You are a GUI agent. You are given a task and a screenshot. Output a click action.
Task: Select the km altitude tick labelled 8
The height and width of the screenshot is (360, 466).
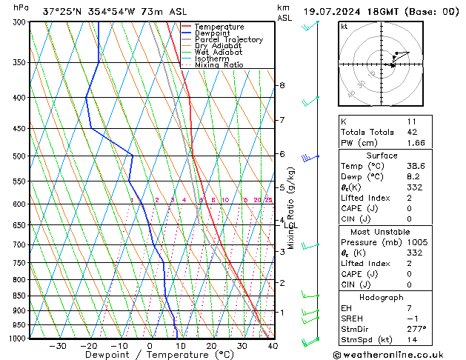click(282, 86)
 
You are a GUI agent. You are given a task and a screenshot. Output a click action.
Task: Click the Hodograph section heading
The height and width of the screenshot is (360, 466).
click(382, 296)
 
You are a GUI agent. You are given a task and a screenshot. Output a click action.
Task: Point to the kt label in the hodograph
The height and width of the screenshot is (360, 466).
click(344, 26)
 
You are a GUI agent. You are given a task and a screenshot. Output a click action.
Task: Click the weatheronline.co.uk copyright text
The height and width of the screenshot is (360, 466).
click(393, 353)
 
